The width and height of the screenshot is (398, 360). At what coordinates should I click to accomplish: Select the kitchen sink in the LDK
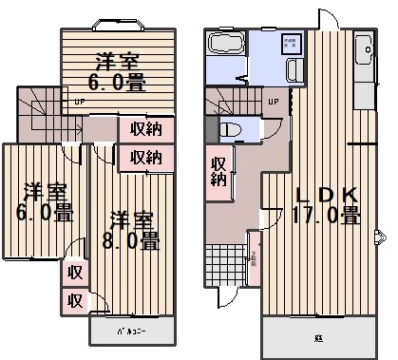tap(364, 47)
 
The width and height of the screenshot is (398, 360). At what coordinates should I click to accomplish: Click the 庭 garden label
tap(317, 337)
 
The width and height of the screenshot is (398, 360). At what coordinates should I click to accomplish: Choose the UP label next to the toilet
tap(273, 102)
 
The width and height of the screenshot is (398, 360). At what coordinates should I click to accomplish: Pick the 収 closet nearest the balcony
tap(74, 300)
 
